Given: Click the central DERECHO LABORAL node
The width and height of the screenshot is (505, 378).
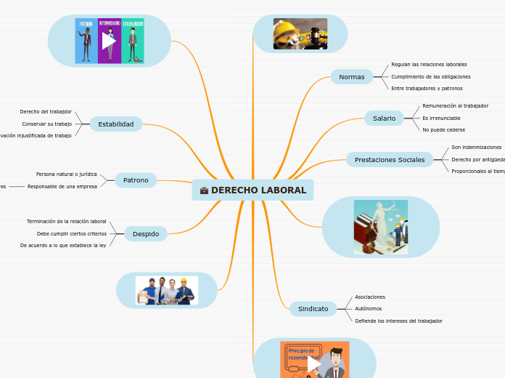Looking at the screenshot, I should [x=253, y=190].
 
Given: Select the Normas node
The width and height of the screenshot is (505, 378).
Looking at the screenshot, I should [x=352, y=76].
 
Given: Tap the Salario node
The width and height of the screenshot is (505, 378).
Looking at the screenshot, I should [x=384, y=118].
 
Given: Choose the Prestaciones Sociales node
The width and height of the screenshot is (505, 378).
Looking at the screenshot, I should [x=390, y=159].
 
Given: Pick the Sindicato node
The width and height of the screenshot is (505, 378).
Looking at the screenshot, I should [x=313, y=309].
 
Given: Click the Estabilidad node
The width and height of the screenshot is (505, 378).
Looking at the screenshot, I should [x=116, y=124].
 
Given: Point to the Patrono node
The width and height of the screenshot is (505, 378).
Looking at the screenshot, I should [x=136, y=180].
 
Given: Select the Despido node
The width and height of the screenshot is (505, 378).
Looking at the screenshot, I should [x=146, y=233].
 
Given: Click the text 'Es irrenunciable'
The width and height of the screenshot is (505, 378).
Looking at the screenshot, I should [x=441, y=118].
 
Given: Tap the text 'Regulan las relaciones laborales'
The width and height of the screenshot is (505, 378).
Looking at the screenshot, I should [x=429, y=64].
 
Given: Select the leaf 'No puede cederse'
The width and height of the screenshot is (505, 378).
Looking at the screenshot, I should [x=443, y=129].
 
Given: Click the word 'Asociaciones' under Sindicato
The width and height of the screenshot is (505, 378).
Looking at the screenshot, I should [x=370, y=297].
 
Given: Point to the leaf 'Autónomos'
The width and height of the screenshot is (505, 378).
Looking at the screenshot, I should [x=369, y=309].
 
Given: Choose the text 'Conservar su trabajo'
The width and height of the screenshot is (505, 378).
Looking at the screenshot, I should [x=46, y=124].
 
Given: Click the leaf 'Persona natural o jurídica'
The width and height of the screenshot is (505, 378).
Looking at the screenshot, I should [x=66, y=174].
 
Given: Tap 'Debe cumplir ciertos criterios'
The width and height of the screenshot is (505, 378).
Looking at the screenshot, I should [x=71, y=233].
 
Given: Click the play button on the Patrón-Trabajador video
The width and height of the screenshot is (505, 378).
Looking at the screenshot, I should [x=109, y=41].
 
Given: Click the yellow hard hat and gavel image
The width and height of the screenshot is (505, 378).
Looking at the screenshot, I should [x=300, y=33].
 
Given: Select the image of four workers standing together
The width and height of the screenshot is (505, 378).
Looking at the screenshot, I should [x=166, y=290].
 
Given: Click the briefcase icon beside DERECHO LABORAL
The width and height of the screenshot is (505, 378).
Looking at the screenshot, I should [x=204, y=190].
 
